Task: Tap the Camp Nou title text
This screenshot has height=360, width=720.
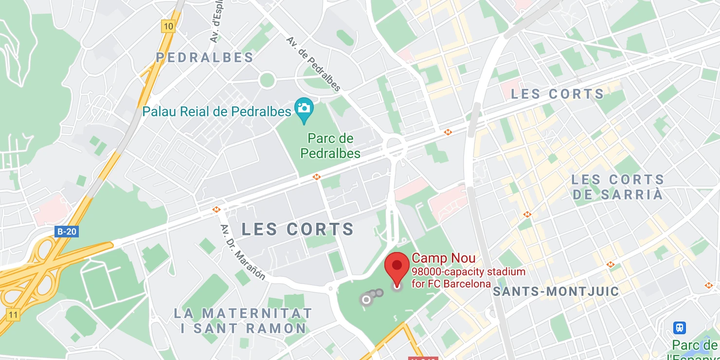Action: (x=443, y=258)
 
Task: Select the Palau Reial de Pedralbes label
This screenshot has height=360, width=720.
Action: (x=216, y=111)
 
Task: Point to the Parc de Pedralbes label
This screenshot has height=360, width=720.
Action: (x=330, y=146)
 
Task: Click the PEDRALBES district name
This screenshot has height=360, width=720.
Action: (x=205, y=57)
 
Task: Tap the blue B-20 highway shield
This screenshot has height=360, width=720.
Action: (x=67, y=231)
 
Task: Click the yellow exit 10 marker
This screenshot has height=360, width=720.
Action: (x=168, y=27)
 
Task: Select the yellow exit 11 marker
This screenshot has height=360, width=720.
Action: (x=13, y=315)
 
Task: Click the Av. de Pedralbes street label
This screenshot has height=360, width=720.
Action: (x=313, y=64)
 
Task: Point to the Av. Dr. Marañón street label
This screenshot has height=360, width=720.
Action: (x=243, y=252)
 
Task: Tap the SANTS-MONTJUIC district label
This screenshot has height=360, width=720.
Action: (x=556, y=291)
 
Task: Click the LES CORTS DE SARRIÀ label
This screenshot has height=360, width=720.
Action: (x=617, y=187)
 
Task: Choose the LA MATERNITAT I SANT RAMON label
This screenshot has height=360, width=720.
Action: (x=243, y=321)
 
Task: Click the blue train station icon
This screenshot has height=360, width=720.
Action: (x=680, y=327)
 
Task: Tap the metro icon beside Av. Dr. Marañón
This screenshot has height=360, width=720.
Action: (x=216, y=210)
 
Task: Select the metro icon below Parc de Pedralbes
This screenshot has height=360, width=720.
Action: (x=317, y=178)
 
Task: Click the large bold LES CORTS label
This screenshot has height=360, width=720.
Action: (x=298, y=229)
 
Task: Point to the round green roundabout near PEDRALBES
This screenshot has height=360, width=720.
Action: (x=267, y=80)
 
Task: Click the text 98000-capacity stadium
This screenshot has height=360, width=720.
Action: (x=468, y=272)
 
